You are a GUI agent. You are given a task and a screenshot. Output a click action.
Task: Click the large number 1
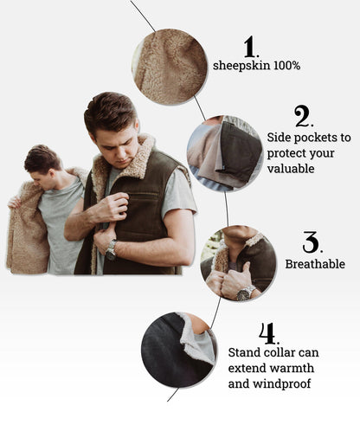pyautogui.click(x=250, y=46)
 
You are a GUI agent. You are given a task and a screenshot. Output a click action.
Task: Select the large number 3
pyautogui.click(x=310, y=242)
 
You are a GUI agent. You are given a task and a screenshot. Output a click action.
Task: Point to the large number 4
pyautogui.click(x=267, y=332)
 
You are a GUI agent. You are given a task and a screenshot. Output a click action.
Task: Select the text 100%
pyautogui.click(x=287, y=66)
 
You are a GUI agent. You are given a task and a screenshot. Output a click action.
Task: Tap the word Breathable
pyautogui.click(x=315, y=264)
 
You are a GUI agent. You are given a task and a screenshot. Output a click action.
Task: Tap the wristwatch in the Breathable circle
pyautogui.click(x=244, y=294)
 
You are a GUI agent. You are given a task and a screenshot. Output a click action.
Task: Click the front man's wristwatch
pyautogui.click(x=111, y=249)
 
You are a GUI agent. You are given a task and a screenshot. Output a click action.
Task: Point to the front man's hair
pyautogui.click(x=109, y=110)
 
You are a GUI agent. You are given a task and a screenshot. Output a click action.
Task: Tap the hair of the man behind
pyautogui.click(x=42, y=158)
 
